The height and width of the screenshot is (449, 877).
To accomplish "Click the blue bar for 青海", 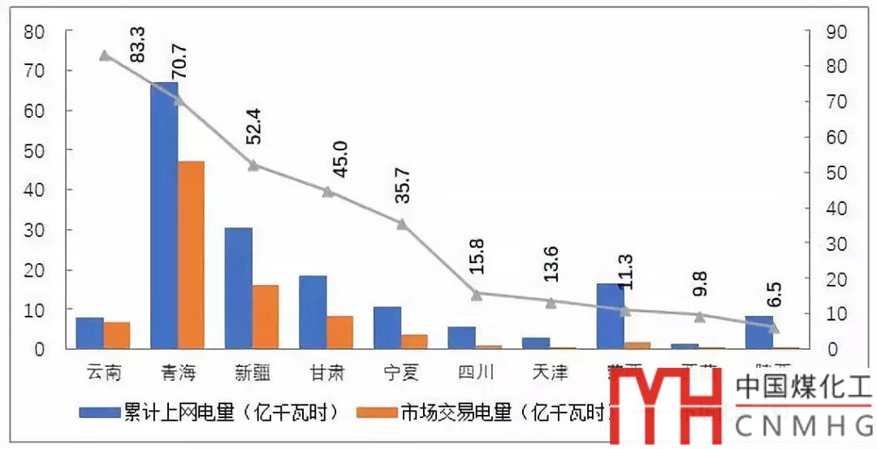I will pyautogui.click(x=164, y=215).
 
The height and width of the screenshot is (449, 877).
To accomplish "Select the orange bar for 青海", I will pyautogui.click(x=192, y=255).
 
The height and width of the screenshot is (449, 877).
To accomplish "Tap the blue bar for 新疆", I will pyautogui.click(x=238, y=288).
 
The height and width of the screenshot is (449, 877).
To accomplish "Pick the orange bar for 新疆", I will pyautogui.click(x=266, y=317).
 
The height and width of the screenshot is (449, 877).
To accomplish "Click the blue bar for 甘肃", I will pyautogui.click(x=313, y=313).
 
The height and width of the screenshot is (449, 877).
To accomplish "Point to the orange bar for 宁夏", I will pyautogui.click(x=414, y=341).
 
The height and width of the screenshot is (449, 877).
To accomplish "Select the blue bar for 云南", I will pyautogui.click(x=89, y=333).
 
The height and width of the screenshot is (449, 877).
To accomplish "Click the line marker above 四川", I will pyautogui.click(x=477, y=295).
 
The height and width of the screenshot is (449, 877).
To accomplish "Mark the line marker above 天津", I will pyautogui.click(x=551, y=303).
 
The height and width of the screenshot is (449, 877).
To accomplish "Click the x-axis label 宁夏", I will pyautogui.click(x=401, y=373).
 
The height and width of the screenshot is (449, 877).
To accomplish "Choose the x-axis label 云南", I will pyautogui.click(x=104, y=373).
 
